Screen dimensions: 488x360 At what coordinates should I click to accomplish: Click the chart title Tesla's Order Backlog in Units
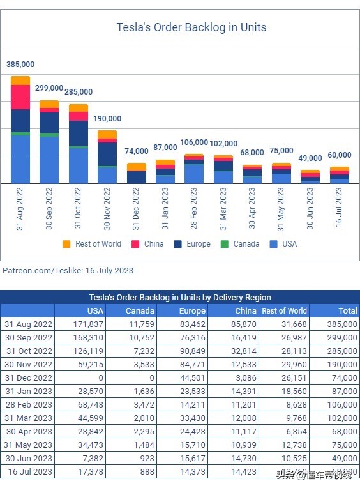click(x=191, y=27)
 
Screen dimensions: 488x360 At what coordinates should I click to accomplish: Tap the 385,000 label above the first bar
click(x=20, y=65)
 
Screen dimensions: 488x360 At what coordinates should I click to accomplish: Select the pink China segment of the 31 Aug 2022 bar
click(x=20, y=97)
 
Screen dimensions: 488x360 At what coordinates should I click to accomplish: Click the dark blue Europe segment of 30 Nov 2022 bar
click(x=107, y=154)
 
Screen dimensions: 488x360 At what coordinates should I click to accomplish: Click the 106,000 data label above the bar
click(x=194, y=142)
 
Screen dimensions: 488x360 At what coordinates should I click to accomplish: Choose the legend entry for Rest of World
click(x=92, y=244)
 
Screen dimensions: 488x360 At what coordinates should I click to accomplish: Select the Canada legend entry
click(x=240, y=244)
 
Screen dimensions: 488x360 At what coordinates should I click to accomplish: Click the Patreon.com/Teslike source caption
click(x=68, y=271)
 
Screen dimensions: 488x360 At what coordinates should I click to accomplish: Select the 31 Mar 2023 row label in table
click(x=28, y=418)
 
